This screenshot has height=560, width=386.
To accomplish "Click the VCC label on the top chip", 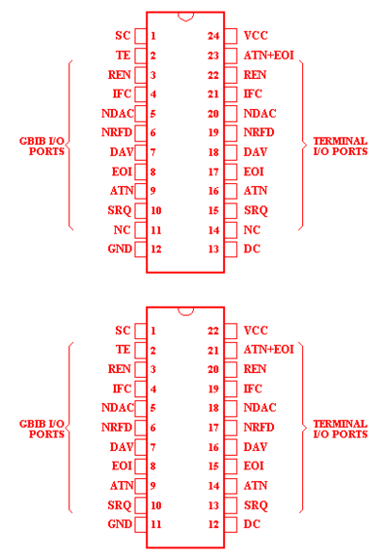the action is [x=256, y=36].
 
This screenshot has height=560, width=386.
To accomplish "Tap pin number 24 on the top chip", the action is [x=213, y=36].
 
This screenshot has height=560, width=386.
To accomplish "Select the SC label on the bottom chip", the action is [x=123, y=331].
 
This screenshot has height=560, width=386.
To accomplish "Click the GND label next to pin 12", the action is [x=120, y=249].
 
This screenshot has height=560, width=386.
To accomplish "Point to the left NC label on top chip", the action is [x=122, y=229].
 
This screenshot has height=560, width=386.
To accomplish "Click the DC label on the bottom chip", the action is [x=252, y=524].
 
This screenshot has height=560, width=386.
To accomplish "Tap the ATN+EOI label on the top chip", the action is [x=269, y=55].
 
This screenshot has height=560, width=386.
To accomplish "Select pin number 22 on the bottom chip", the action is [x=213, y=331].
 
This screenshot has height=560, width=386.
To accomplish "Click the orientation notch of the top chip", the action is [x=185, y=16].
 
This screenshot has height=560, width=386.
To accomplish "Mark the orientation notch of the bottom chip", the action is [x=185, y=311].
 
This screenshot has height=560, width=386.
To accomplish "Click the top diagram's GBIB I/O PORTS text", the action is [x=42, y=147].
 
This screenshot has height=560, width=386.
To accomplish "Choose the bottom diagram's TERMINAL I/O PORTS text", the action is [x=341, y=429].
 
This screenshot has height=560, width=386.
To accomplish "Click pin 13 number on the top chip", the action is [x=213, y=249].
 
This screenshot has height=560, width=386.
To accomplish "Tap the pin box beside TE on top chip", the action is [x=141, y=55].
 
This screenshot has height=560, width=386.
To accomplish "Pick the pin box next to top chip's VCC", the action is [x=231, y=36].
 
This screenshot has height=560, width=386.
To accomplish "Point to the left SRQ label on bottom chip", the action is [x=120, y=505].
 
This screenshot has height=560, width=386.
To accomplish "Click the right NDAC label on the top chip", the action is [x=260, y=113].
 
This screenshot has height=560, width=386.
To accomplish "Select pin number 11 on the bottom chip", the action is [x=155, y=524].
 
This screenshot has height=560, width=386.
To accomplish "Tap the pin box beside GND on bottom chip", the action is [x=141, y=524].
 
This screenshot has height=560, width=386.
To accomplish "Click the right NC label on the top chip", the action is [x=252, y=229].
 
